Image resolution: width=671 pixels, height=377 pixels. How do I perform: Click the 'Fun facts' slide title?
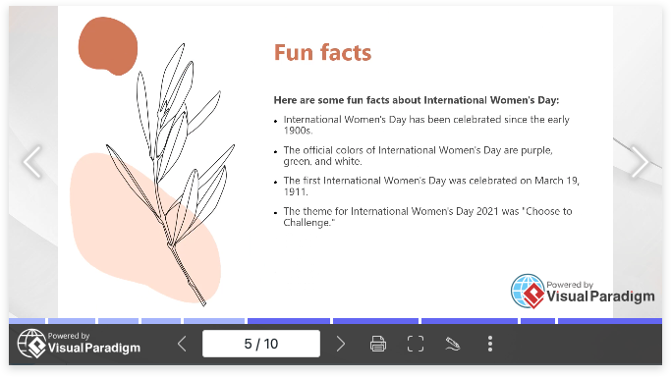[322, 53]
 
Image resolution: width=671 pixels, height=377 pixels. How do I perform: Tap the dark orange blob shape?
[108, 46]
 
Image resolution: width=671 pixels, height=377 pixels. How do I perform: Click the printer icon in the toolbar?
[378, 344]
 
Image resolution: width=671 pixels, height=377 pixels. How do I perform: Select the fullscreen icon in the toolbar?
[416, 344]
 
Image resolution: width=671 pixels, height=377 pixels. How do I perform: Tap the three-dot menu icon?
[490, 344]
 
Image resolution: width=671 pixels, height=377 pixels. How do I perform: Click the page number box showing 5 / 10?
[261, 344]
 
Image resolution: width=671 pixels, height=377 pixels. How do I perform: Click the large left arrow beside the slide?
[32, 162]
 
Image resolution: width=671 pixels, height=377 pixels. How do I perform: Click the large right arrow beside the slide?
[640, 162]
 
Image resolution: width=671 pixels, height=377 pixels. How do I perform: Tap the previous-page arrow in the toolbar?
[182, 344]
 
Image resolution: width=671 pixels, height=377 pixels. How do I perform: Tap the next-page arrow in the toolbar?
[341, 344]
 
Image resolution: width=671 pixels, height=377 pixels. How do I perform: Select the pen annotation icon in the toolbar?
[453, 344]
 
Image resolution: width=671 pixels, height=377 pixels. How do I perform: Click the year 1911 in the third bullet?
[296, 191]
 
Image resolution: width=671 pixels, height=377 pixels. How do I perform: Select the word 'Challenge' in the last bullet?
[307, 223]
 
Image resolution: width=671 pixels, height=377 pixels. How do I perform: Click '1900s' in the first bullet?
[297, 131]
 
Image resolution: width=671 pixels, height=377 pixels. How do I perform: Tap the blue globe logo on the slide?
[529, 291]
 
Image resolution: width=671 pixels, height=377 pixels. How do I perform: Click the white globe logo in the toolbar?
[31, 344]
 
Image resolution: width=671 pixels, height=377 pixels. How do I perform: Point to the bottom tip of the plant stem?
[204, 304]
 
